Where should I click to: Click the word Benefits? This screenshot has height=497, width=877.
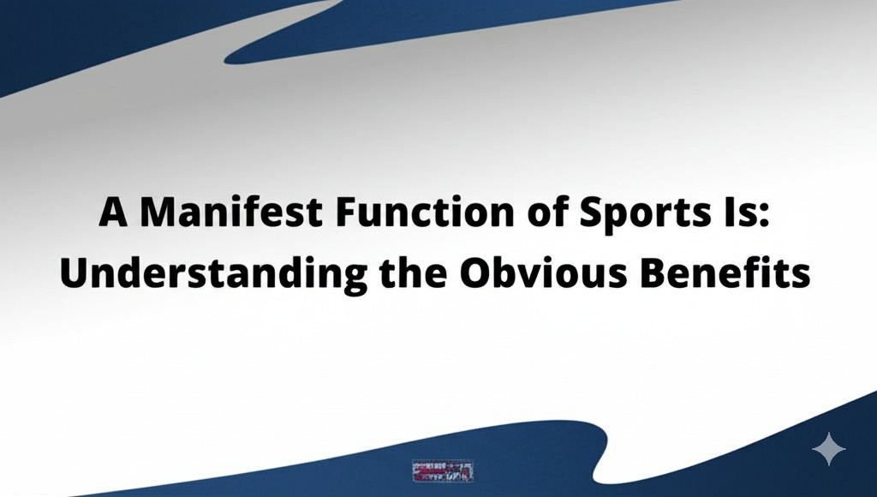point(731,274)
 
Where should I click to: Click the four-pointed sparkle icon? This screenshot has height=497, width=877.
point(828,449)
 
